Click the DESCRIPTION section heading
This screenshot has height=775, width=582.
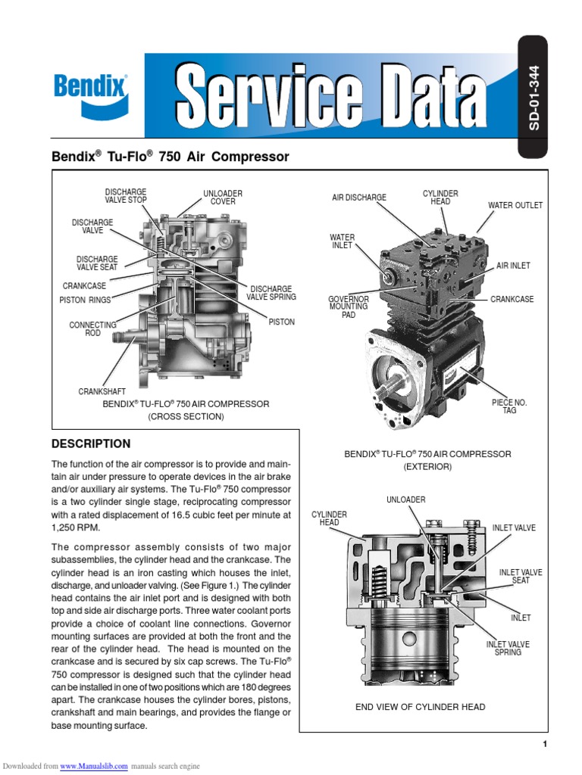[x=90, y=444]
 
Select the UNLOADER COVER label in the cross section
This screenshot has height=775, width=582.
[x=223, y=198]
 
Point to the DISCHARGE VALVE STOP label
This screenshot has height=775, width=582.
[x=126, y=196]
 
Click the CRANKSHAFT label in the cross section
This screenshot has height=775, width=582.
[x=102, y=391]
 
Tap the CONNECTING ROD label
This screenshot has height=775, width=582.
[x=92, y=329]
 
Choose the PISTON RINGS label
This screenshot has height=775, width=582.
[x=85, y=300]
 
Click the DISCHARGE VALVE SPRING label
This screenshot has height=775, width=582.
[x=271, y=293]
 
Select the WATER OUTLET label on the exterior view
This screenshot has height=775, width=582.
[x=515, y=206]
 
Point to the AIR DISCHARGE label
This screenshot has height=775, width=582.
[x=359, y=198]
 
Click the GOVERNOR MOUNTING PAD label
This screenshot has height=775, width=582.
[x=348, y=307]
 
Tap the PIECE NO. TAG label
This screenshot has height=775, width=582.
[x=509, y=406]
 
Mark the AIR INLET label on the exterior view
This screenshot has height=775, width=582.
[x=513, y=266]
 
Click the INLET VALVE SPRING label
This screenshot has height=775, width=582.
[x=508, y=648]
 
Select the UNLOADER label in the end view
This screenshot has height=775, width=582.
[x=406, y=500]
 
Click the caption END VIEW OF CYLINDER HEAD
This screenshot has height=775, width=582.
[x=421, y=707]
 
